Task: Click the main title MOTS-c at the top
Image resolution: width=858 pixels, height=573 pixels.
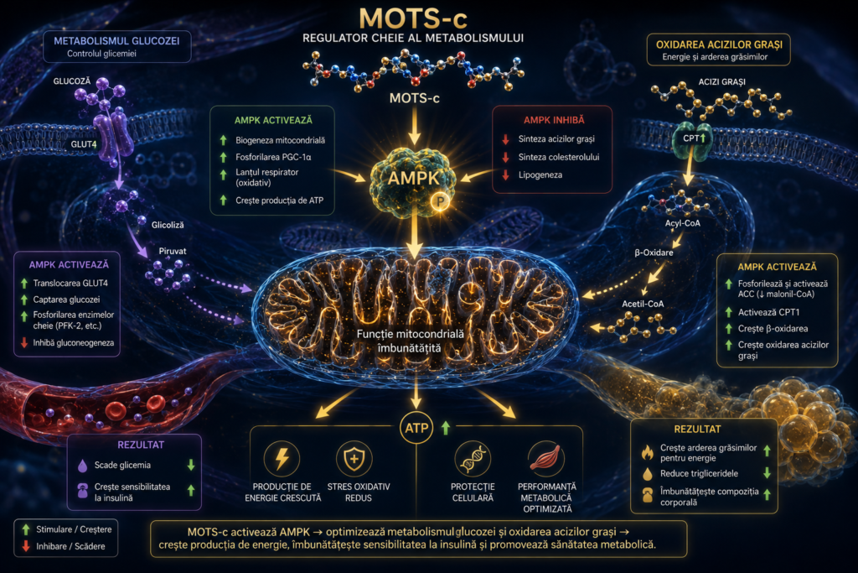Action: tap(413, 18)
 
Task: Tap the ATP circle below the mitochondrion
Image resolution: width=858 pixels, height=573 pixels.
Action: tap(416, 428)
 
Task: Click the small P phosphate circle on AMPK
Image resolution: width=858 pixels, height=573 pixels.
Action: tap(440, 201)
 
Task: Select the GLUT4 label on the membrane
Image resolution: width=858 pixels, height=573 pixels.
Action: tap(83, 144)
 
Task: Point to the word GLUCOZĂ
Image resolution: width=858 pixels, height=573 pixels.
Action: tap(72, 81)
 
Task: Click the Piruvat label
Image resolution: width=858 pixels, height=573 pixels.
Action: tap(173, 251)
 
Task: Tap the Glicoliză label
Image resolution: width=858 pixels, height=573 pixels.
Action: tap(168, 225)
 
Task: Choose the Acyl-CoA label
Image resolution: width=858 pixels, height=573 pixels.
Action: tap(682, 223)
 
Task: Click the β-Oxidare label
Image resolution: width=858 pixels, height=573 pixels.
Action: tap(654, 253)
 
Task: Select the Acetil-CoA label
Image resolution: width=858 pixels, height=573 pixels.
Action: tap(643, 304)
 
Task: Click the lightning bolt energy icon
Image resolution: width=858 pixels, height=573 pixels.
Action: tap(282, 458)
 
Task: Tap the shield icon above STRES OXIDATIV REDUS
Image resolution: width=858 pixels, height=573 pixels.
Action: tap(354, 458)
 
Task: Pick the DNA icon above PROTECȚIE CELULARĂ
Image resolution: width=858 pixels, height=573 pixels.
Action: tap(473, 458)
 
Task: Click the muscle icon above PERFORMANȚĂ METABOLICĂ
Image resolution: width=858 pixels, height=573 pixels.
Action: tap(546, 458)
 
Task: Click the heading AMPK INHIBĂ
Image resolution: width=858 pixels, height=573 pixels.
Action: tap(554, 120)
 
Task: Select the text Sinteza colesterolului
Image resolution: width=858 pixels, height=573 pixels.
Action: tap(559, 157)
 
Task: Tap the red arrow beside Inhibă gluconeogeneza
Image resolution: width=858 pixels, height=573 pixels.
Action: tap(24, 343)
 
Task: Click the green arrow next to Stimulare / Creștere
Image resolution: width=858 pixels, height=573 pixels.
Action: tap(26, 529)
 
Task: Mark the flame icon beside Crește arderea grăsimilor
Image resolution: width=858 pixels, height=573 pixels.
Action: tap(648, 452)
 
